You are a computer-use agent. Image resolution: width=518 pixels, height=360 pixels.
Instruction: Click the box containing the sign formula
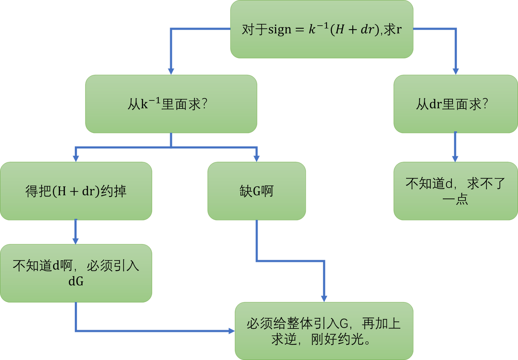click(x=322, y=29)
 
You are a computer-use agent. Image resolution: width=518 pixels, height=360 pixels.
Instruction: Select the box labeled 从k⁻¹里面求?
click(x=171, y=104)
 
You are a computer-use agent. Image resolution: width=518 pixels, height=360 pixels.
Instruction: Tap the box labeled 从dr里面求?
click(x=455, y=104)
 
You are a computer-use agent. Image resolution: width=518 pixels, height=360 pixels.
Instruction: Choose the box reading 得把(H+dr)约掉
click(x=76, y=191)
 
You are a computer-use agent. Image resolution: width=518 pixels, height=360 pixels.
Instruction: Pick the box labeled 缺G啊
click(x=256, y=191)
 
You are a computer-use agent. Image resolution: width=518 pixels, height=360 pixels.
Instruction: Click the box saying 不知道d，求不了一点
click(x=455, y=191)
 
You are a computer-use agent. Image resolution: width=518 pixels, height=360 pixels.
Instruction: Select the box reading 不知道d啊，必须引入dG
click(x=76, y=273)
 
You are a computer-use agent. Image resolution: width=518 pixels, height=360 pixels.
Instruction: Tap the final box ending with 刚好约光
click(x=324, y=331)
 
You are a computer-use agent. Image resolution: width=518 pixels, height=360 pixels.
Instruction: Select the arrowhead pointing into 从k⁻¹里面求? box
click(x=171, y=71)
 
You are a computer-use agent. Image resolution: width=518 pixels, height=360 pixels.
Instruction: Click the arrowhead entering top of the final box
click(x=324, y=298)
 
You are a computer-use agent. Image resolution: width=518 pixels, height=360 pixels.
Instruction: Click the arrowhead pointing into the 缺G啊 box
click(x=256, y=158)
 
